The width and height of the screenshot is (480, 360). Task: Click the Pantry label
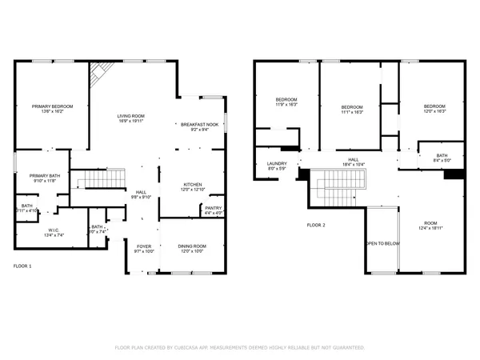click(x=213, y=209)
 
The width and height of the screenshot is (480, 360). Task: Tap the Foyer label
click(x=143, y=247)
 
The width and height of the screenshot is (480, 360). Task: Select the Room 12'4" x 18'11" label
click(x=431, y=225)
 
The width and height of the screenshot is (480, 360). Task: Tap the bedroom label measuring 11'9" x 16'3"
click(x=286, y=101)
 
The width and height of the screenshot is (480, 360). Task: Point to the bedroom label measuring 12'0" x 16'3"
click(x=434, y=107)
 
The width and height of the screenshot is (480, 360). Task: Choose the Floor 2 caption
click(x=316, y=226)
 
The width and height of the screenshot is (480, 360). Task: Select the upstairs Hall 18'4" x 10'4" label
click(x=353, y=162)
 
